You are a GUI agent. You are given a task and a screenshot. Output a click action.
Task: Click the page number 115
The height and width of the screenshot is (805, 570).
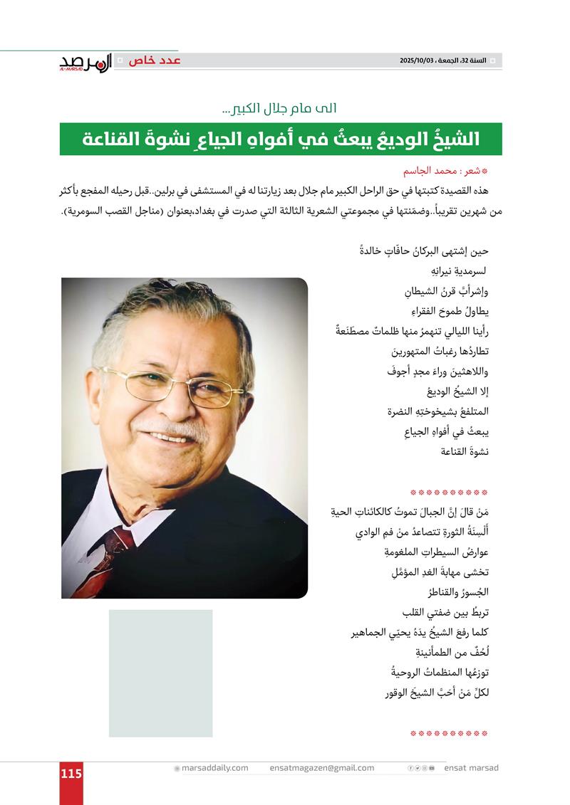(71, 773)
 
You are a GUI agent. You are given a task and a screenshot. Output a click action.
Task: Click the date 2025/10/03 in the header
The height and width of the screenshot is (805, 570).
(422, 61)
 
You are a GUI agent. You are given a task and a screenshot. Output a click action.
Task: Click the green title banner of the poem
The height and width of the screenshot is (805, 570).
(281, 139)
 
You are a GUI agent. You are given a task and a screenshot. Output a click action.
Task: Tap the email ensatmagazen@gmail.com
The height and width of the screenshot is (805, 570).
(322, 768)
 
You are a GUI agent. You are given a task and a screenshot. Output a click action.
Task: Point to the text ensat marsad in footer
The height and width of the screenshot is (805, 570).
(471, 768)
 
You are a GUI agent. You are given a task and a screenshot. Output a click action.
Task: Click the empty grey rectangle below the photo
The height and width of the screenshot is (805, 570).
(160, 673)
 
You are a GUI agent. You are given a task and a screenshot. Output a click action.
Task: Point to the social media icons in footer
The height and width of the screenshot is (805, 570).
(421, 768)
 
